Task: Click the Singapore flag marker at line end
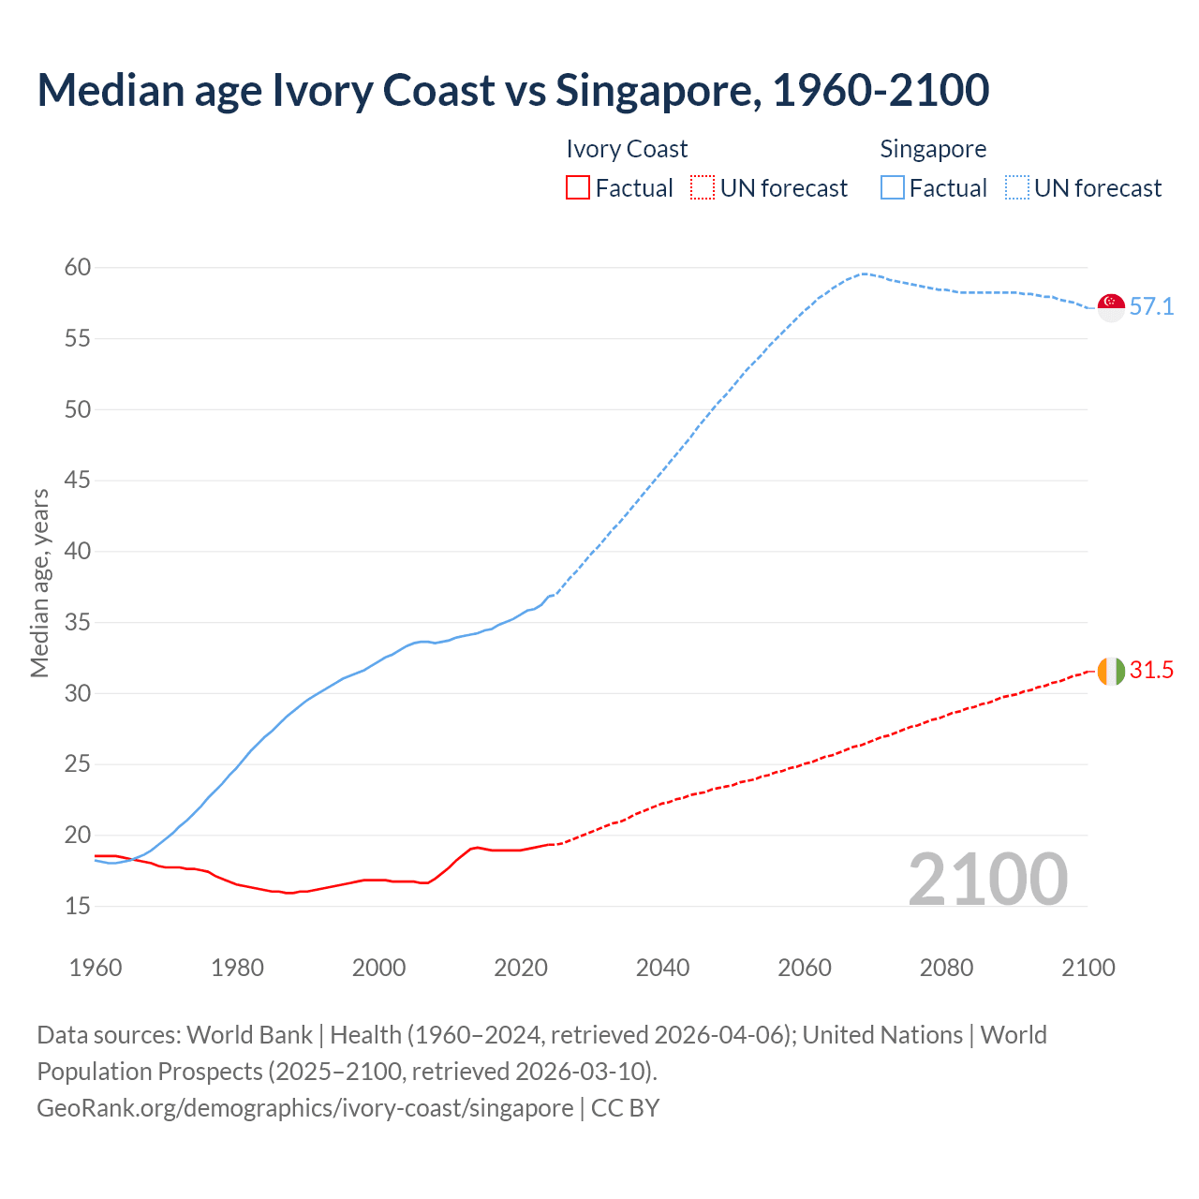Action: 1111,307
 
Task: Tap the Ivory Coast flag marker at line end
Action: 1111,671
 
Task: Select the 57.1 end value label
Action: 1151,307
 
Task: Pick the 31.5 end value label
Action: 1151,671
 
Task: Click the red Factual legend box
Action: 578,188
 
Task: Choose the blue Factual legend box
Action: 893,188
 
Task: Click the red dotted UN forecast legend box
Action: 703,188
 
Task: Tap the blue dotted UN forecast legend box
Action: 1017,188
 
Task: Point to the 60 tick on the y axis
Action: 78,268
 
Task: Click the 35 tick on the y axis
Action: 78,623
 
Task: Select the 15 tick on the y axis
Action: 78,907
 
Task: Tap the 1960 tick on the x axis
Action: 96,968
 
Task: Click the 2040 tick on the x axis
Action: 662,968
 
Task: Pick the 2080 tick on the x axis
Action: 946,968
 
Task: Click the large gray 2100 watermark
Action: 988,880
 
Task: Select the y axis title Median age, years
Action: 39,583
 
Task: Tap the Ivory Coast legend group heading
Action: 627,149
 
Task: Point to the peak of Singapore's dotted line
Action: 864,274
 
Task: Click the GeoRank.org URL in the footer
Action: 304,1108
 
